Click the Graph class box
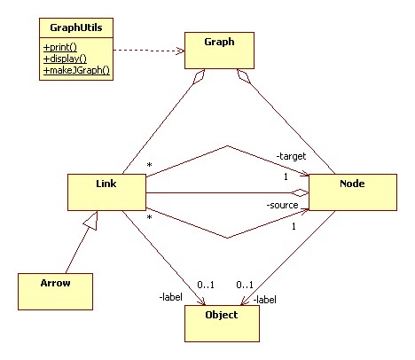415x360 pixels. (221, 52)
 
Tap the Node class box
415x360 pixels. (346, 192)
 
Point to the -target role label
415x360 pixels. (290, 157)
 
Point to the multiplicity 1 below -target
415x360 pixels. (285, 176)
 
